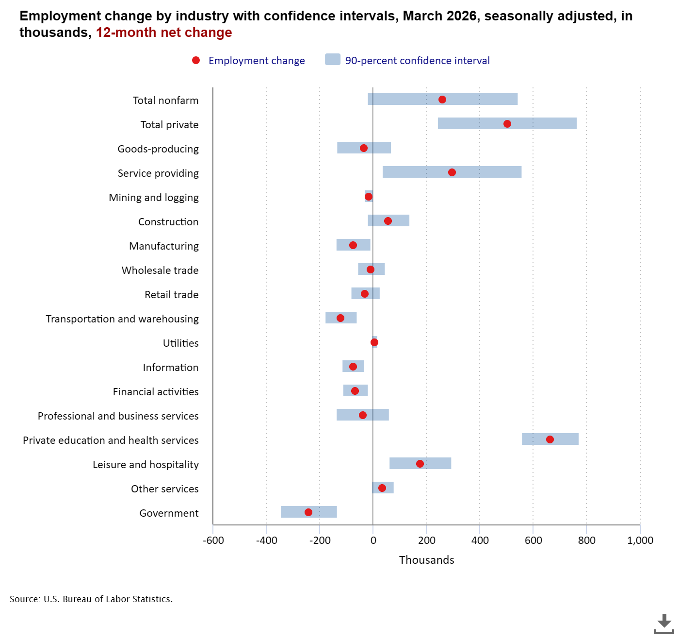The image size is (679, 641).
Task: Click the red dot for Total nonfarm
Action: coord(442,100)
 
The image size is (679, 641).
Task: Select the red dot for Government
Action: coord(308,512)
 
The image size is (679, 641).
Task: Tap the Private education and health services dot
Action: coord(550,439)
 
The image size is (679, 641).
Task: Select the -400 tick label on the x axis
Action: coord(266,540)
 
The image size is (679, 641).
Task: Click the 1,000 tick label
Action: coord(640,540)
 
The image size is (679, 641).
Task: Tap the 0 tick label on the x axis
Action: coord(373,540)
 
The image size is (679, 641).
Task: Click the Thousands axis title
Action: coord(426,560)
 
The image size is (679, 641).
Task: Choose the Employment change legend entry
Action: coord(256,61)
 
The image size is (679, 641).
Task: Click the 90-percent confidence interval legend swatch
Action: coord(333,60)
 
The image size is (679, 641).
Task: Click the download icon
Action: coord(663,624)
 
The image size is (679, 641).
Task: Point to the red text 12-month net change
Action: coord(164,33)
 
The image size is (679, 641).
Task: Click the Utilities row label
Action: coord(180,343)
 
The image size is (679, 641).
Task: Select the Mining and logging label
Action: coord(154,198)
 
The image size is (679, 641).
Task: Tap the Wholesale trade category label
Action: coord(160,270)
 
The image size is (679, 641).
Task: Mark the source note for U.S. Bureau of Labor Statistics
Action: coord(91,599)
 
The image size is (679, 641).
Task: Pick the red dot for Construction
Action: coord(388,221)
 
